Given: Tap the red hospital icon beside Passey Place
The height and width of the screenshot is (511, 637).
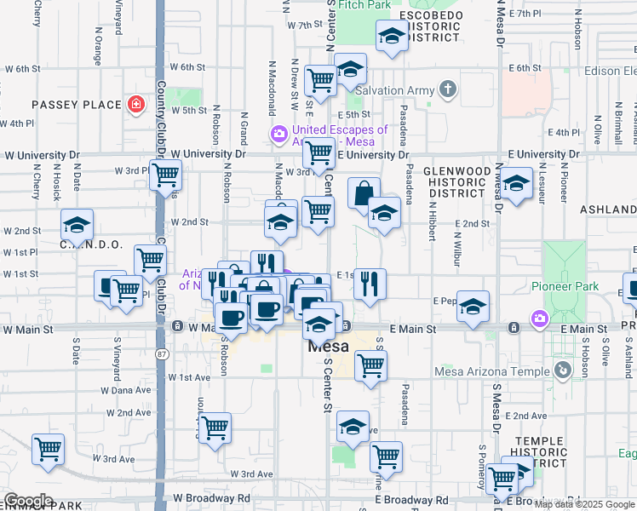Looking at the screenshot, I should (x=135, y=105).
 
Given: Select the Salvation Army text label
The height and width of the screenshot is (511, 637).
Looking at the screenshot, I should (x=395, y=90).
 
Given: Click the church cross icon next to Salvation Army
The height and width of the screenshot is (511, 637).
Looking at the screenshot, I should (x=448, y=89).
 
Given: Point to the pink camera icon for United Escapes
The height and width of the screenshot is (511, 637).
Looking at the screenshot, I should (x=278, y=134).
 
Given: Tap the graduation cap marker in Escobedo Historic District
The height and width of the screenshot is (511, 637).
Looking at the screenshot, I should (x=392, y=37).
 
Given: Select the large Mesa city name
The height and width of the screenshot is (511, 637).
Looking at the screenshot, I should (x=325, y=347).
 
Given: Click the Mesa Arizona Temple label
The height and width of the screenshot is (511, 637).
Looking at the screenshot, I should (x=491, y=370).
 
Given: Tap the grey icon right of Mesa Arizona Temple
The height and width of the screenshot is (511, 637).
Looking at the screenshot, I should (x=562, y=370).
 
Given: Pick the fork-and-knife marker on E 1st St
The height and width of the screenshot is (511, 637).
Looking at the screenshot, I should (x=369, y=284).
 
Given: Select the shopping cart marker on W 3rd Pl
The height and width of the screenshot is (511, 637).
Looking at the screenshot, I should (x=167, y=175).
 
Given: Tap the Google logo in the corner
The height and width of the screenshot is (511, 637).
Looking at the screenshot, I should (x=28, y=501).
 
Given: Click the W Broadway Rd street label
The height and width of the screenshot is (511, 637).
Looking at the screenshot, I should (x=211, y=497).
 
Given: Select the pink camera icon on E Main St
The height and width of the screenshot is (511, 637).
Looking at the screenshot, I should (x=539, y=320).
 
